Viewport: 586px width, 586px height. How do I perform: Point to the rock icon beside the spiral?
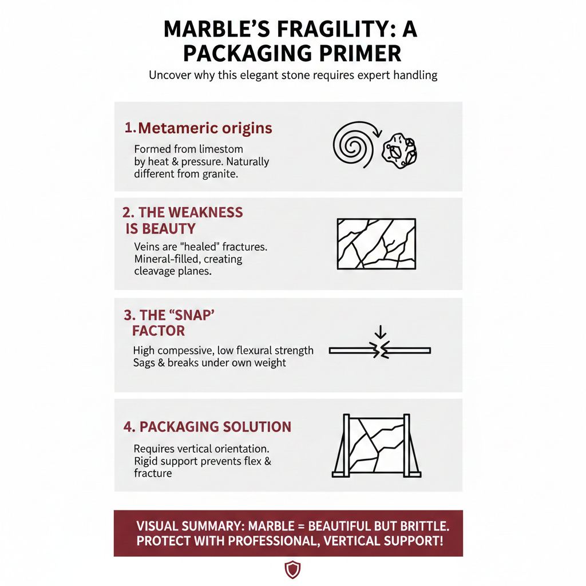click(x=399, y=151)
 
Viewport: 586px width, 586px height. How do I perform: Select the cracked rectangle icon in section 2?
click(x=376, y=243)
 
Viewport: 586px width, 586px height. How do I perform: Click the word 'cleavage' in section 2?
click(x=155, y=271)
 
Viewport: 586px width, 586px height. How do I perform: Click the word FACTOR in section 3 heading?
click(x=159, y=331)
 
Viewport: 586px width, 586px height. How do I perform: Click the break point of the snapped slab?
click(x=381, y=350)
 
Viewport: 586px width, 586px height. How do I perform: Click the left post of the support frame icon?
click(x=346, y=445)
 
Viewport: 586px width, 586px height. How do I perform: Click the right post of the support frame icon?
click(x=407, y=445)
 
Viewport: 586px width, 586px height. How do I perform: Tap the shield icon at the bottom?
click(x=292, y=569)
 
